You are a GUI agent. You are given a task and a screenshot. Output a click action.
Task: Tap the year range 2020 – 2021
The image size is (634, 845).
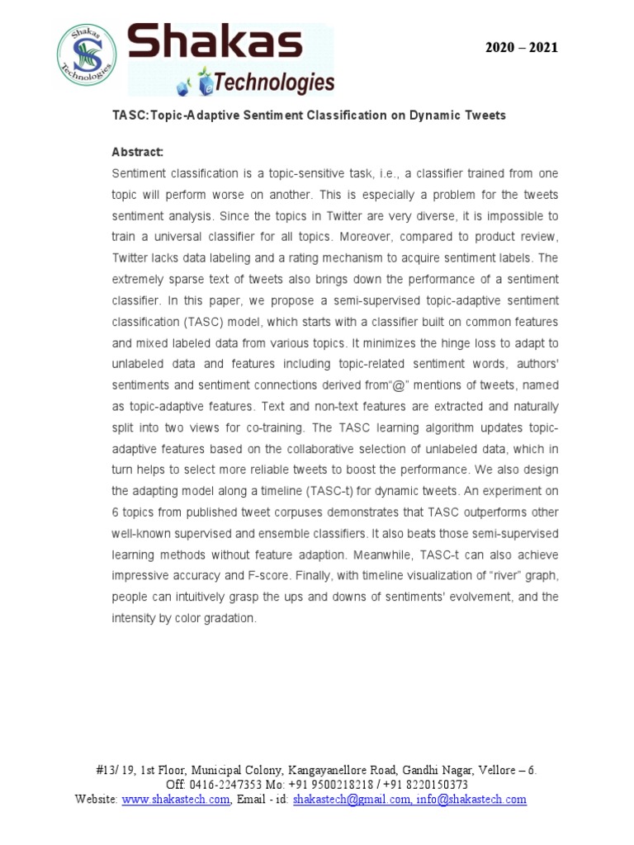[521, 48]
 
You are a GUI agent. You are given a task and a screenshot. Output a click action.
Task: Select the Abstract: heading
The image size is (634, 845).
[138, 153]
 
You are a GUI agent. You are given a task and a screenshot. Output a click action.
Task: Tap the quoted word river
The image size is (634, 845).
[497, 577]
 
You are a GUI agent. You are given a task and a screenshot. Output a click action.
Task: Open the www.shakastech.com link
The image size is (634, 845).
[175, 800]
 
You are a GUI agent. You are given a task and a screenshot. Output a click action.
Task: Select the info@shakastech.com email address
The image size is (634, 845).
[471, 800]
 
